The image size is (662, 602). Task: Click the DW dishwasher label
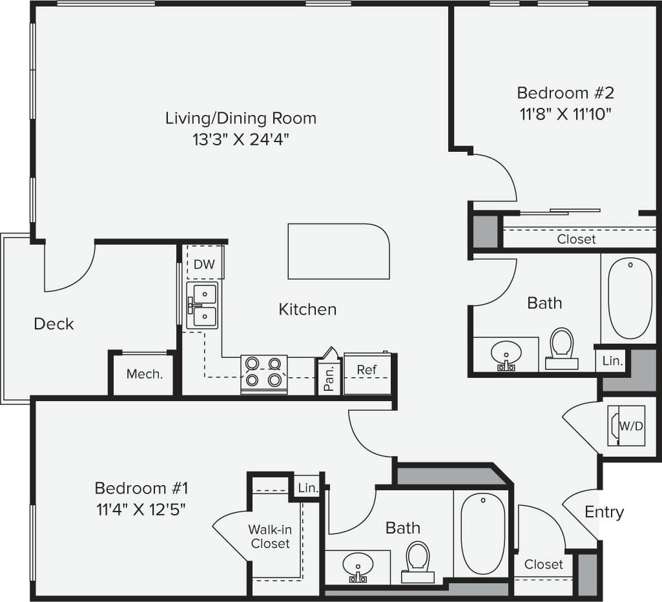coord(204,265)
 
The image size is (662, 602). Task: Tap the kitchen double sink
coord(202,306)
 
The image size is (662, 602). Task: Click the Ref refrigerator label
coord(367,370)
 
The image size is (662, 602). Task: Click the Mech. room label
coord(144,374)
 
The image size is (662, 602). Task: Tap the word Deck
coord(54,324)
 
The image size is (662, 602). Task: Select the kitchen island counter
coord(338,251)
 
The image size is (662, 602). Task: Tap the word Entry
coord(604,512)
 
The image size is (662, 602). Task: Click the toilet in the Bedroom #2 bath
coord(561,348)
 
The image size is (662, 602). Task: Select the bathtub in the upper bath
coord(630,298)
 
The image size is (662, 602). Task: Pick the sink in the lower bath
coord(357,566)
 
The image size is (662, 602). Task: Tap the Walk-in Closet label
coord(270,537)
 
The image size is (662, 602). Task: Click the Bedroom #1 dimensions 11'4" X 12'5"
coord(140,509)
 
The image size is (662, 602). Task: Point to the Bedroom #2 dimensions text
coord(564,114)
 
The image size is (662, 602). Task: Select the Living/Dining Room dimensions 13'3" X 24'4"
coord(241,140)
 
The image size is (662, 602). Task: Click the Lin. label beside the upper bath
coord(612,361)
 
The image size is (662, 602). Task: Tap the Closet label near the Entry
coord(543,564)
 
